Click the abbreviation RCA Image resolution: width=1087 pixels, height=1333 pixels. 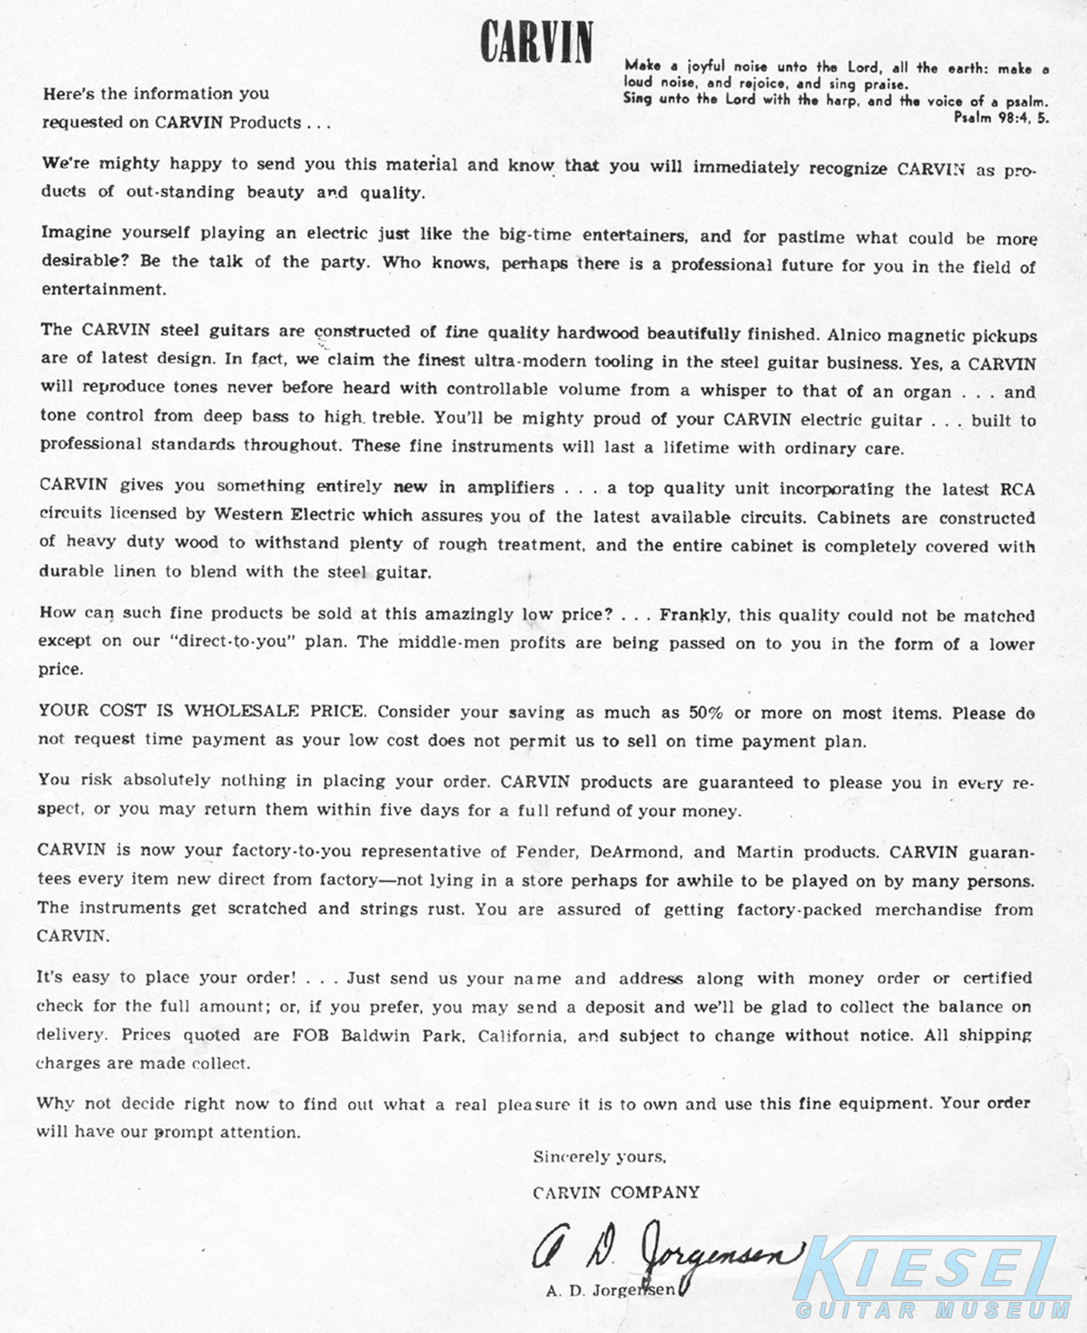coord(1017,489)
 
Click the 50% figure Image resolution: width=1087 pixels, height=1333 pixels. coord(706,712)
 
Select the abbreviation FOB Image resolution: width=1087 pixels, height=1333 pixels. coord(310,1035)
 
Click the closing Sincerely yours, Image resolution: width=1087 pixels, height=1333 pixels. coord(599,1157)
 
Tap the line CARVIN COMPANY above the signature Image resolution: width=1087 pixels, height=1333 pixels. coord(616,1192)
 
